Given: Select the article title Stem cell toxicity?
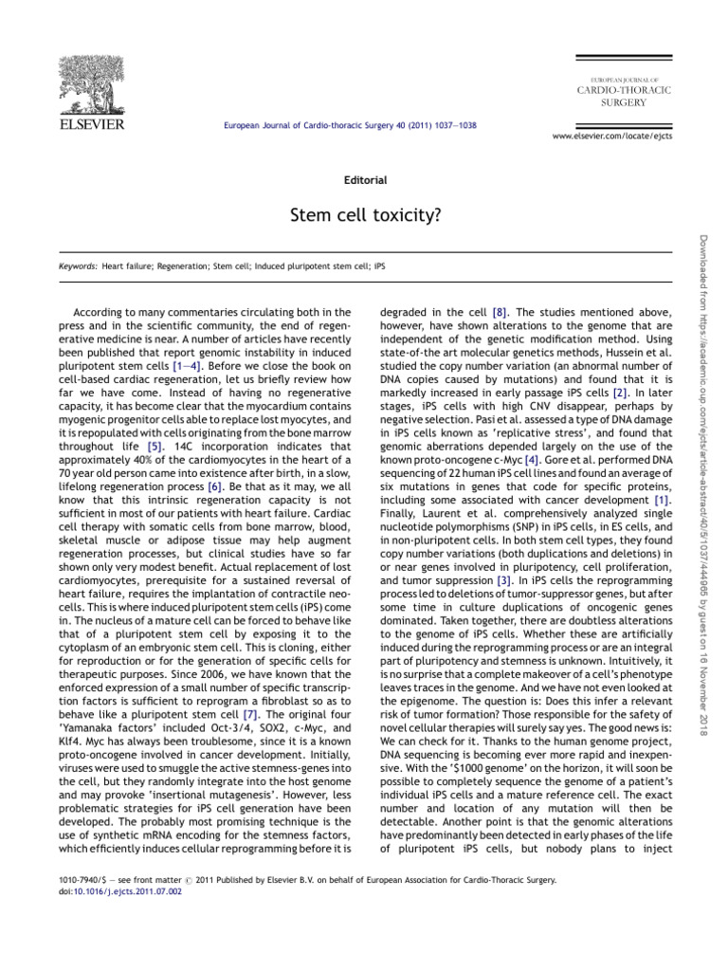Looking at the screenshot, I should click(x=363, y=215).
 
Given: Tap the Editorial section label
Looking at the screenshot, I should click(x=363, y=178).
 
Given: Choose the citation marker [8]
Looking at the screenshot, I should click(x=500, y=311).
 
